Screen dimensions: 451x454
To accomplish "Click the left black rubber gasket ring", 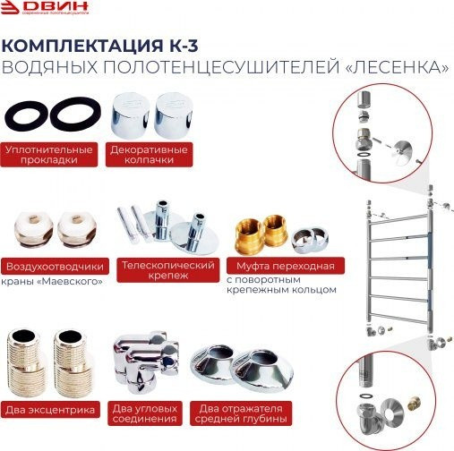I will (24, 116).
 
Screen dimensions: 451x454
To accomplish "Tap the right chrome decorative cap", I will (170, 115).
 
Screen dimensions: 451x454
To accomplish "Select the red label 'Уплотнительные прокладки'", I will (50, 153).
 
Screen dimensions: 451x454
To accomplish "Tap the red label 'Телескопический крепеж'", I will (167, 271).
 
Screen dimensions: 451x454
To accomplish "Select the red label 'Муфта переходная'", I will (285, 267).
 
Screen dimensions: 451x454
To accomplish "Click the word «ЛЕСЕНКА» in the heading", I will (390, 67).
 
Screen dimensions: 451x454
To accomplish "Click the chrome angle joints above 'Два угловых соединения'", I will (147, 364).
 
